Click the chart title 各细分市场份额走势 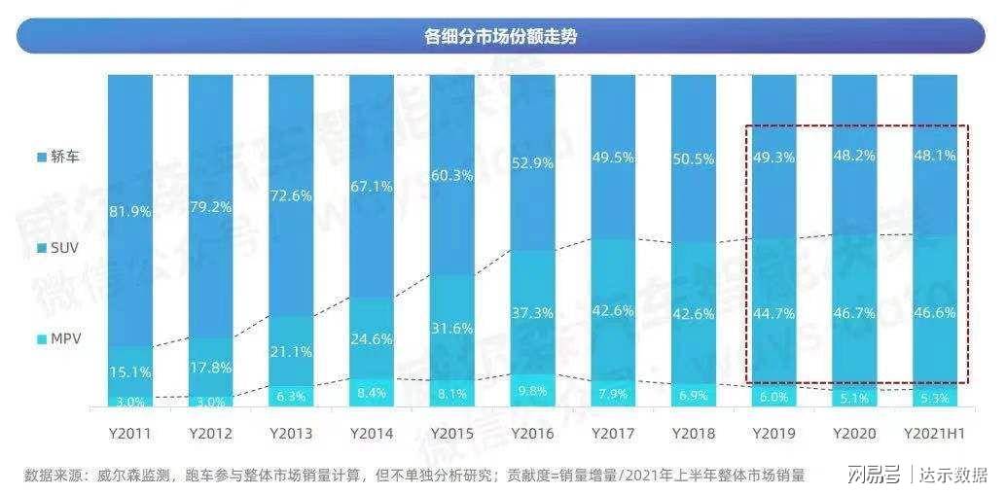tap(502, 37)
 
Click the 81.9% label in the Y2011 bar tap(129, 213)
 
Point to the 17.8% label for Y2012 tap(209, 368)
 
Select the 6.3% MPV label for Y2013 tap(290, 396)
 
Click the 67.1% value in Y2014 tap(371, 186)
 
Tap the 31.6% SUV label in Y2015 tap(450, 326)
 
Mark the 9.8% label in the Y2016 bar tap(531, 392)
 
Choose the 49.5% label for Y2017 tap(612, 157)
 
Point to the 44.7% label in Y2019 tap(772, 312)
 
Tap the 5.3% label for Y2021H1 tap(933, 398)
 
